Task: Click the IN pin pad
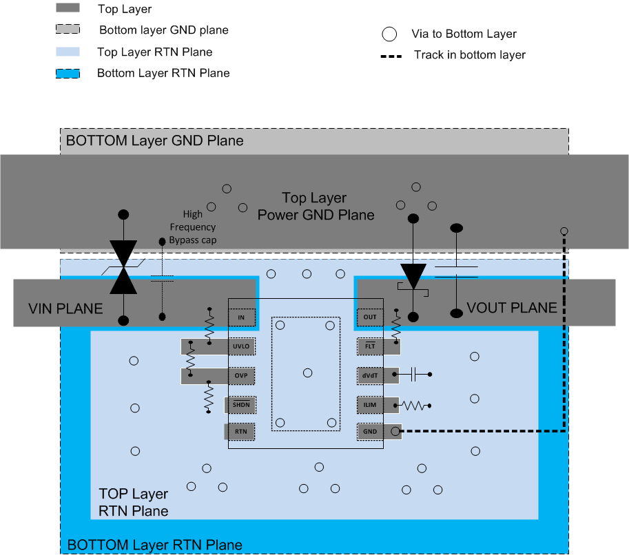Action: [x=241, y=317]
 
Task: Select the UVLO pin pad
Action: [x=240, y=346]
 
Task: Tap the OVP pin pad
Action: [x=240, y=375]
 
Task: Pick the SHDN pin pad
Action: [x=240, y=404]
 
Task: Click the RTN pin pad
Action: [x=240, y=432]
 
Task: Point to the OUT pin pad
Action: [x=370, y=317]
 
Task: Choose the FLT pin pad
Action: [x=371, y=346]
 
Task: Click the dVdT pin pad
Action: [x=371, y=375]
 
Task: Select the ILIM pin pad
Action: [x=371, y=405]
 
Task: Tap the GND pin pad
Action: [x=371, y=432]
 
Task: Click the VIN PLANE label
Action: [x=65, y=308]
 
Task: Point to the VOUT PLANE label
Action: [x=512, y=308]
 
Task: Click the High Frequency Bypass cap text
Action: [x=193, y=227]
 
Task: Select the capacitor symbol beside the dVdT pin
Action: [x=414, y=375]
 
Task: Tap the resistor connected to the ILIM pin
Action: [x=415, y=406]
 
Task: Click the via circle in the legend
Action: [x=390, y=34]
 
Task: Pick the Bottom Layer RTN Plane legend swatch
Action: [x=68, y=73]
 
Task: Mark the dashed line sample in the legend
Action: [x=390, y=55]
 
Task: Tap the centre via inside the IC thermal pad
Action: [x=307, y=372]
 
